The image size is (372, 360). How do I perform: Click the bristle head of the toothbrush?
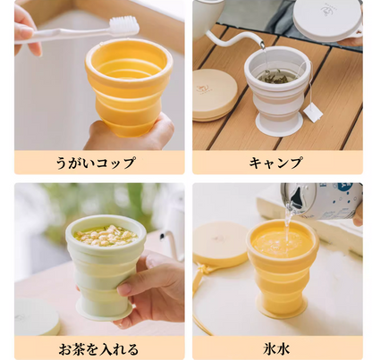[x=123, y=26]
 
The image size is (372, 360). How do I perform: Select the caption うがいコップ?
[x=99, y=163]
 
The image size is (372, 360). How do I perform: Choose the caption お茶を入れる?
[x=99, y=347]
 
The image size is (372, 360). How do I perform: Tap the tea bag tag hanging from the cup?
[x=312, y=111]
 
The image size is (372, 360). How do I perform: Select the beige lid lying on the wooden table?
[x=215, y=94]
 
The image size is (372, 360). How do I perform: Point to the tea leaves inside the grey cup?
[x=276, y=76]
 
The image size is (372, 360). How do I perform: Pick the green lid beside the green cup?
[x=36, y=317]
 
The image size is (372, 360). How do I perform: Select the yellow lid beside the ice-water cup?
[x=218, y=244]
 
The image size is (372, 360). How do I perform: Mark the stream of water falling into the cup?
[x=289, y=223]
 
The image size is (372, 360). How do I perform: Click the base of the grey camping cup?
[x=278, y=124]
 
